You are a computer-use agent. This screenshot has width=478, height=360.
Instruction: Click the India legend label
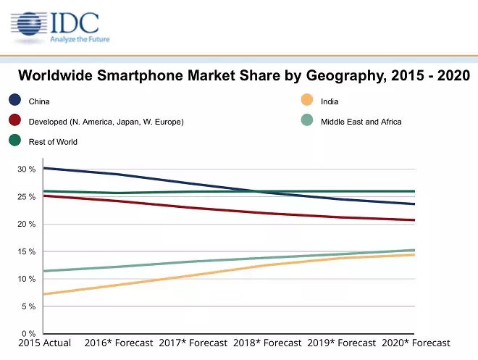pos(330,101)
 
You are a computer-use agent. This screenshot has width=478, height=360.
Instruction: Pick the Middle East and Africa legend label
pos(361,122)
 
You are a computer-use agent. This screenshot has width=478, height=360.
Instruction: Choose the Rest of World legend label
pos(53,142)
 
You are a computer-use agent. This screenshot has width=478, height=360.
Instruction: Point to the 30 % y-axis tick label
pos(27,169)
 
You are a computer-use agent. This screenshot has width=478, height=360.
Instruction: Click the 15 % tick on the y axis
pos(27,252)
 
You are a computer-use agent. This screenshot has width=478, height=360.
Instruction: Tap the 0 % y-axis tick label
pos(29,334)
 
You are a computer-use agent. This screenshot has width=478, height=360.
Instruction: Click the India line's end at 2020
pos(414,254)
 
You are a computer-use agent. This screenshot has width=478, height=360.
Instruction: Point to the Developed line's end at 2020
pos(414,219)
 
